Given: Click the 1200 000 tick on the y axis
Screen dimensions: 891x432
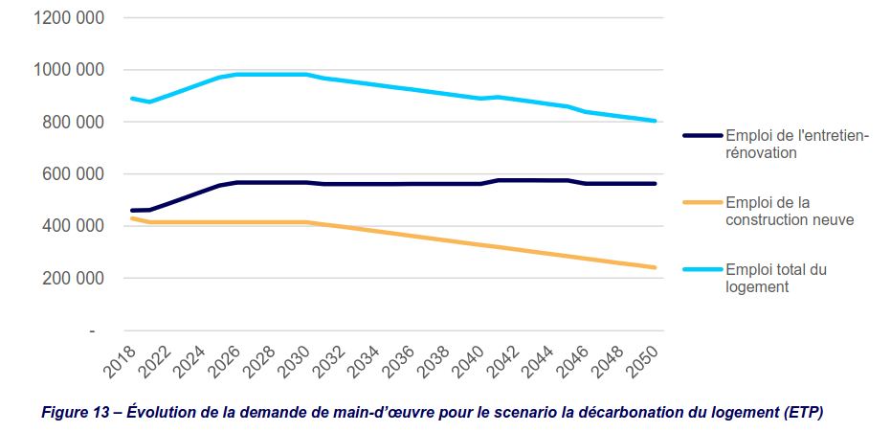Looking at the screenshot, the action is pos(69,18).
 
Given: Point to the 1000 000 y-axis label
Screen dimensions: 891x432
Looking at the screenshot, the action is pos(69,71).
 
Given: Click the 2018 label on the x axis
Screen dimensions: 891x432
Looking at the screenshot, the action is pos(121,361).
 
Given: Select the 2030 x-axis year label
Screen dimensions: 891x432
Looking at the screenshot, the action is pos(296,361).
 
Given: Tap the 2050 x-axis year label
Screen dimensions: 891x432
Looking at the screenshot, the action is pos(644,361).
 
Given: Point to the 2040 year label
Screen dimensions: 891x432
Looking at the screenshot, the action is pos(470,361).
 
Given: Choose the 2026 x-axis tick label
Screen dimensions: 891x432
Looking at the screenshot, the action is pos(226,361).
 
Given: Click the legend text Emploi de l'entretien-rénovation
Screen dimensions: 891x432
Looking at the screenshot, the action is pos(797,145).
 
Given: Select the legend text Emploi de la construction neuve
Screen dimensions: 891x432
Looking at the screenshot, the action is pos(790,212).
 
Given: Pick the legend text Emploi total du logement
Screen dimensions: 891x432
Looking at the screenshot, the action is pos(776,278).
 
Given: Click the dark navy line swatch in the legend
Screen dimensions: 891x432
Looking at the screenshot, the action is pos(702,136).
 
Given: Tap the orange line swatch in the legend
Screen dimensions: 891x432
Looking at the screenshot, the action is pos(702,202).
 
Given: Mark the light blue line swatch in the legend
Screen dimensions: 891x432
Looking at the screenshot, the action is pos(702,269).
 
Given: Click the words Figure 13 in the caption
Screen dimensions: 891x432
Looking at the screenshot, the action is pos(74,412).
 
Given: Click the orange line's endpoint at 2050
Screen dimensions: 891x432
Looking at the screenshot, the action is pos(655,267).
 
